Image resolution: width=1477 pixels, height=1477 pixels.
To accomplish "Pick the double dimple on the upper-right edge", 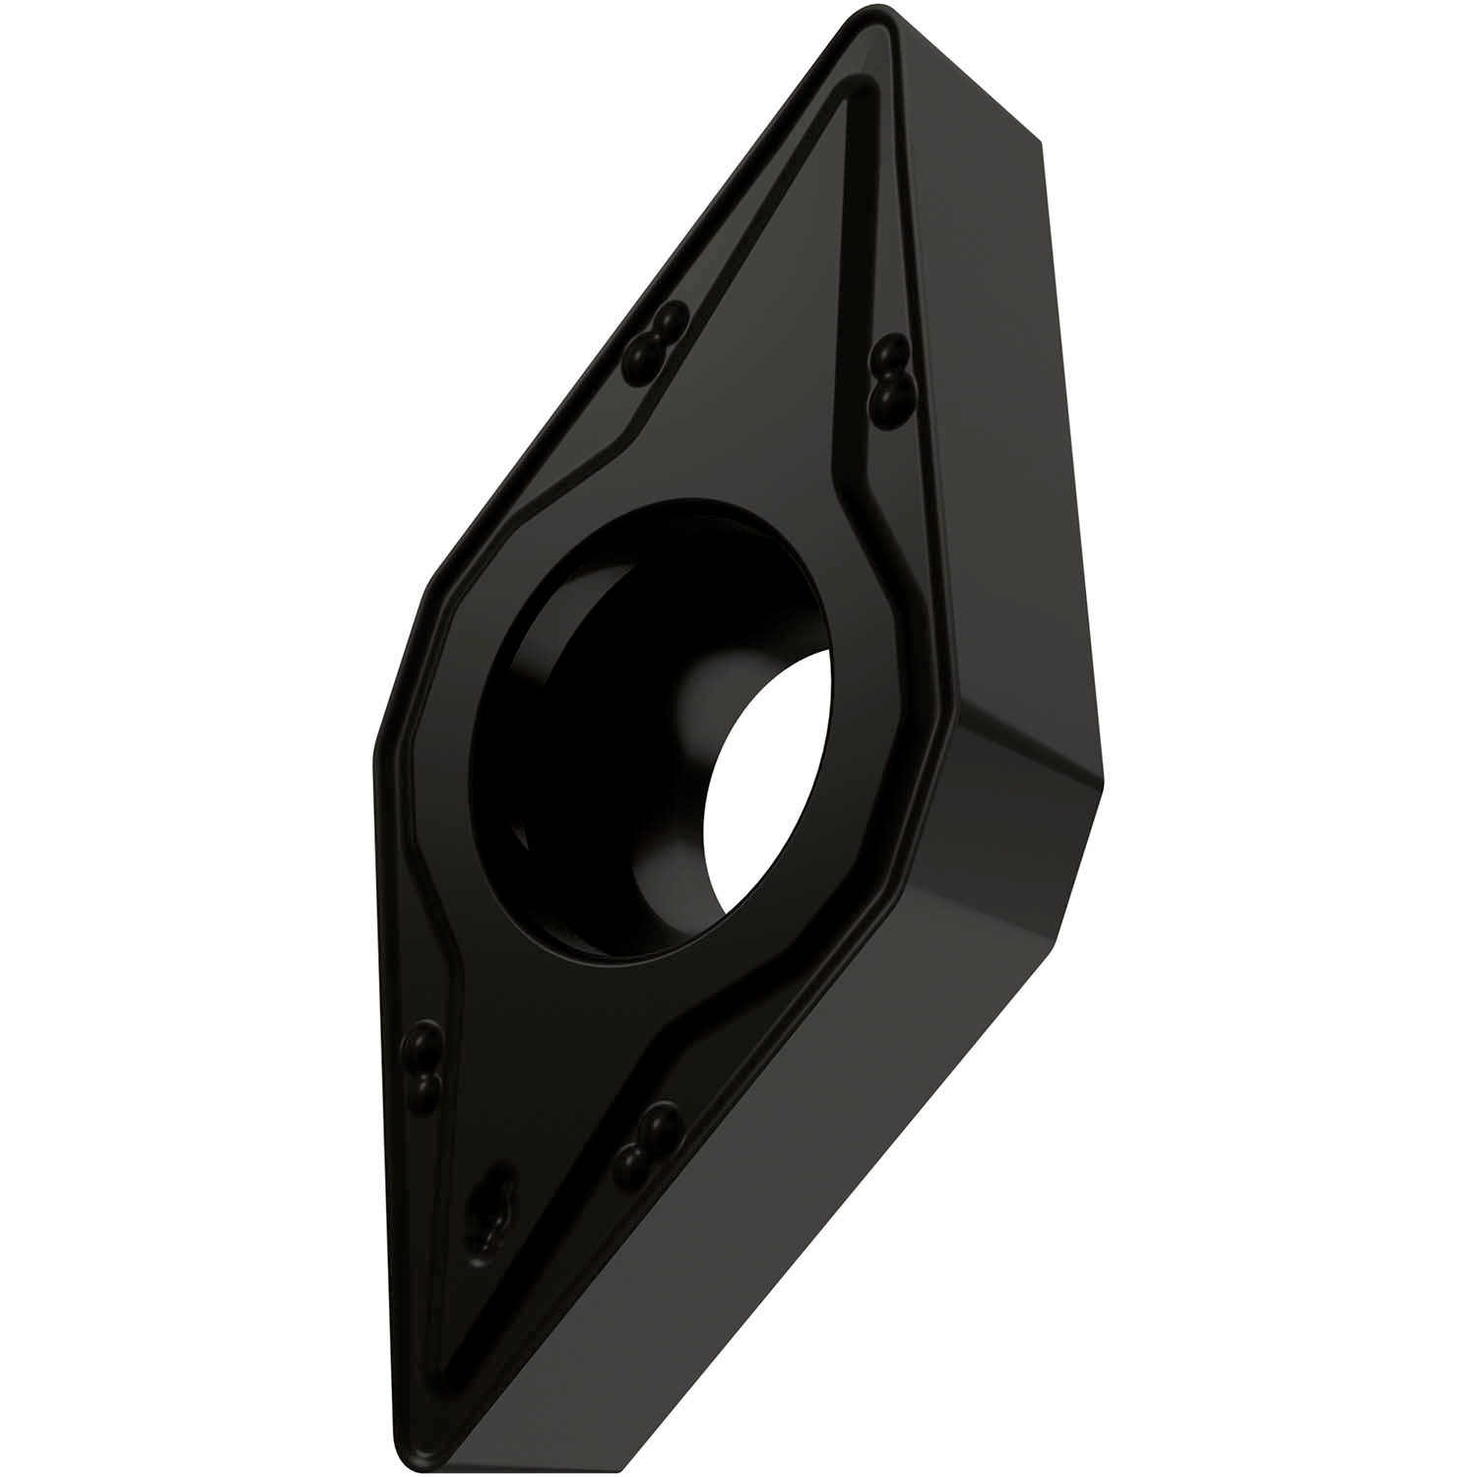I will tap(891, 374).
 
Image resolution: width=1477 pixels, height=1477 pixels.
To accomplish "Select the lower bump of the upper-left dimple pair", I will tap(644, 350).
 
